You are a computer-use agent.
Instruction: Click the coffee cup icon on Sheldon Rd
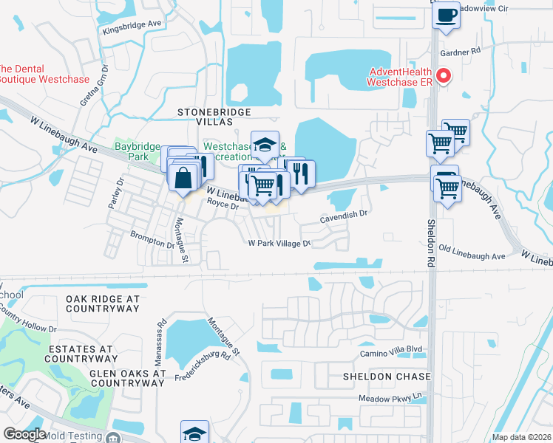pyautogui.click(x=446, y=16)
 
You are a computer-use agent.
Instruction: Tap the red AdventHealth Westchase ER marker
pyautogui.click(x=444, y=75)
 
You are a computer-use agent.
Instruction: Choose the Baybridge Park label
pyautogui.click(x=137, y=147)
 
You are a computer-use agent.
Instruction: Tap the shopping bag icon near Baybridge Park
pyautogui.click(x=183, y=177)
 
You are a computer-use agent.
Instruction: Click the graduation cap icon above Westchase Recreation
pyautogui.click(x=264, y=145)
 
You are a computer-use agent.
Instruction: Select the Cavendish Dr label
pyautogui.click(x=343, y=215)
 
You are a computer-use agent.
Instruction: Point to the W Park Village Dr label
pyautogui.click(x=278, y=242)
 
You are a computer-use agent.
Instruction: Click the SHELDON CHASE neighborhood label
pyautogui.click(x=386, y=377)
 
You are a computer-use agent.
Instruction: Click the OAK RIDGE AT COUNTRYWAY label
pyautogui.click(x=102, y=303)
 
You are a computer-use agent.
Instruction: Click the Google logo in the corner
pyautogui.click(x=24, y=433)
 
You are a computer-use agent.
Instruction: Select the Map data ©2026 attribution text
pyautogui.click(x=520, y=437)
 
